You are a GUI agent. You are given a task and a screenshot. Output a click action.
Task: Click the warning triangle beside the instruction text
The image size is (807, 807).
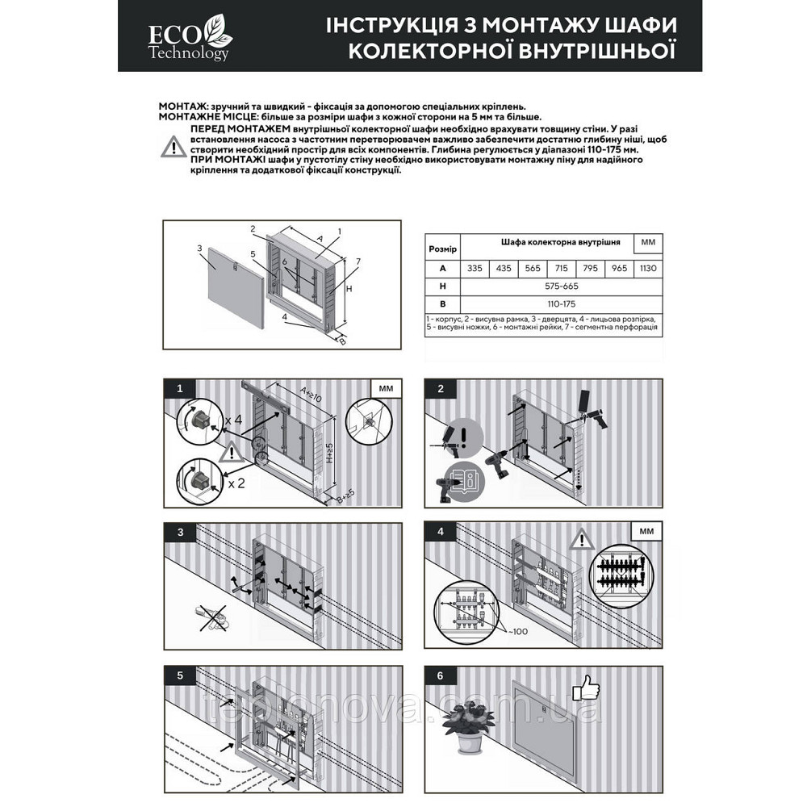174,147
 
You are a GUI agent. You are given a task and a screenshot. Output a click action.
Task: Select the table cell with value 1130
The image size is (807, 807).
647,268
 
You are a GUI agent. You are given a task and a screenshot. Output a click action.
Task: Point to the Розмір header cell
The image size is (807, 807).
441,249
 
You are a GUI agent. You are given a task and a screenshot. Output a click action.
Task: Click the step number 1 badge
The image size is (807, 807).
179,389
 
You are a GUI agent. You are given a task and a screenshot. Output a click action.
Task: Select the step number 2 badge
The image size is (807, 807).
441,389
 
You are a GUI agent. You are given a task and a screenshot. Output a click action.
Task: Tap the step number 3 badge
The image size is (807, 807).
179,531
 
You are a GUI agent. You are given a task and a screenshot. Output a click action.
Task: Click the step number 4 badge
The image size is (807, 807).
441,531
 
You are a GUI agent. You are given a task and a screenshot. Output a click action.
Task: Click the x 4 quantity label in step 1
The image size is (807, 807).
234,420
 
